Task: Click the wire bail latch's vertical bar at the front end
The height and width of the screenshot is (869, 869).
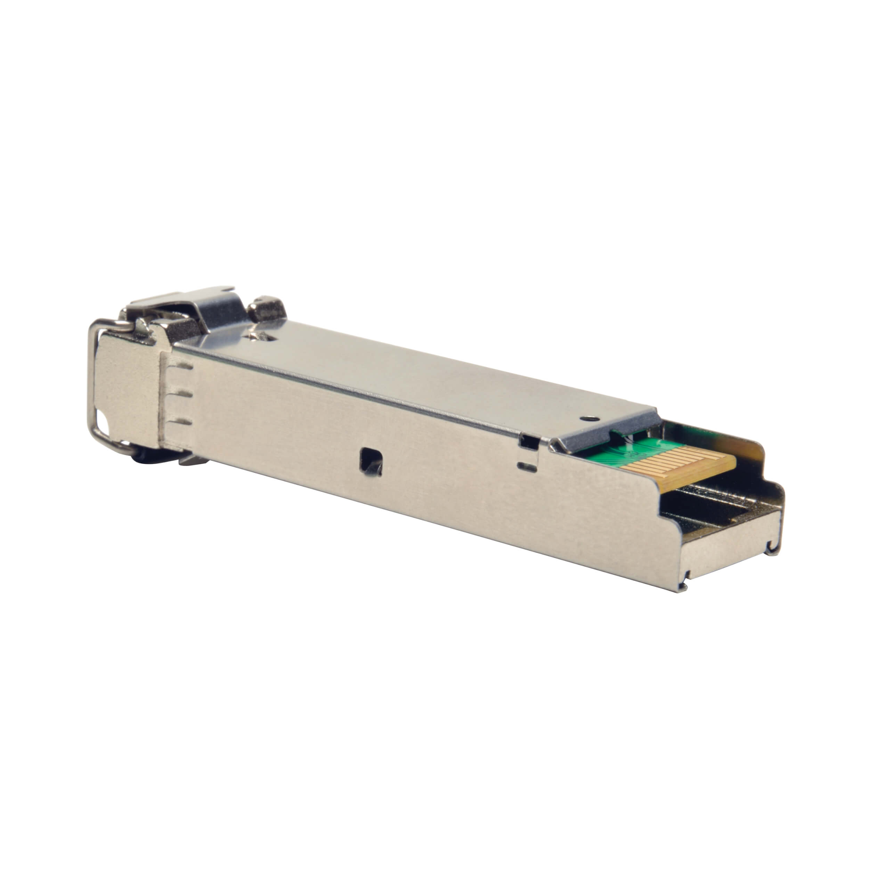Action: tap(90, 382)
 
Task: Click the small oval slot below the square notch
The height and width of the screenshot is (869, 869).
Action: tap(527, 466)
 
